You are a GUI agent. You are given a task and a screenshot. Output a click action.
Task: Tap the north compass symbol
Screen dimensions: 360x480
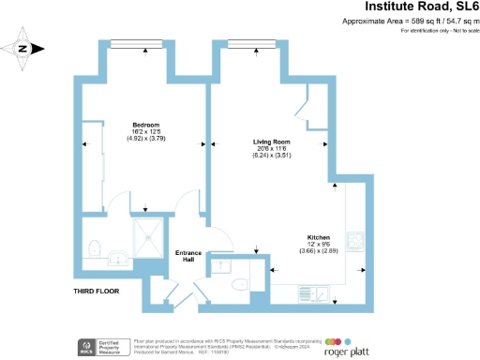pyautogui.click(x=24, y=49)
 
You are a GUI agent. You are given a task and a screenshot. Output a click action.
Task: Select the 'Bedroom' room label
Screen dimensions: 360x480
pyautogui.click(x=145, y=125)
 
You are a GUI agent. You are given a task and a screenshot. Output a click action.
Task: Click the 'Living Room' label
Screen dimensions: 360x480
pyautogui.click(x=272, y=142)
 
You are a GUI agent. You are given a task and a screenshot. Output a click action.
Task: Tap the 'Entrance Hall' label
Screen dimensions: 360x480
pyautogui.click(x=190, y=257)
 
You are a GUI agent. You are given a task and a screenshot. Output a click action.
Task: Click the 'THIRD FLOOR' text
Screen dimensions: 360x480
pyautogui.click(x=97, y=292)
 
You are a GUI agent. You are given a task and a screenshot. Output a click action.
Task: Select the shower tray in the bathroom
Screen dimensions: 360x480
pyautogui.click(x=146, y=237)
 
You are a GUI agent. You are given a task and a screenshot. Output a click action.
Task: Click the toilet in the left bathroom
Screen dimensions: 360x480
pyautogui.click(x=94, y=248)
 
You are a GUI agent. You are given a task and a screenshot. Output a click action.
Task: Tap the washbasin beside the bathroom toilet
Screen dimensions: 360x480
pyautogui.click(x=116, y=256)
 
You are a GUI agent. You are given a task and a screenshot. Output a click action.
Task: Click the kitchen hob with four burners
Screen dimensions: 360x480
pyautogui.click(x=357, y=241)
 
